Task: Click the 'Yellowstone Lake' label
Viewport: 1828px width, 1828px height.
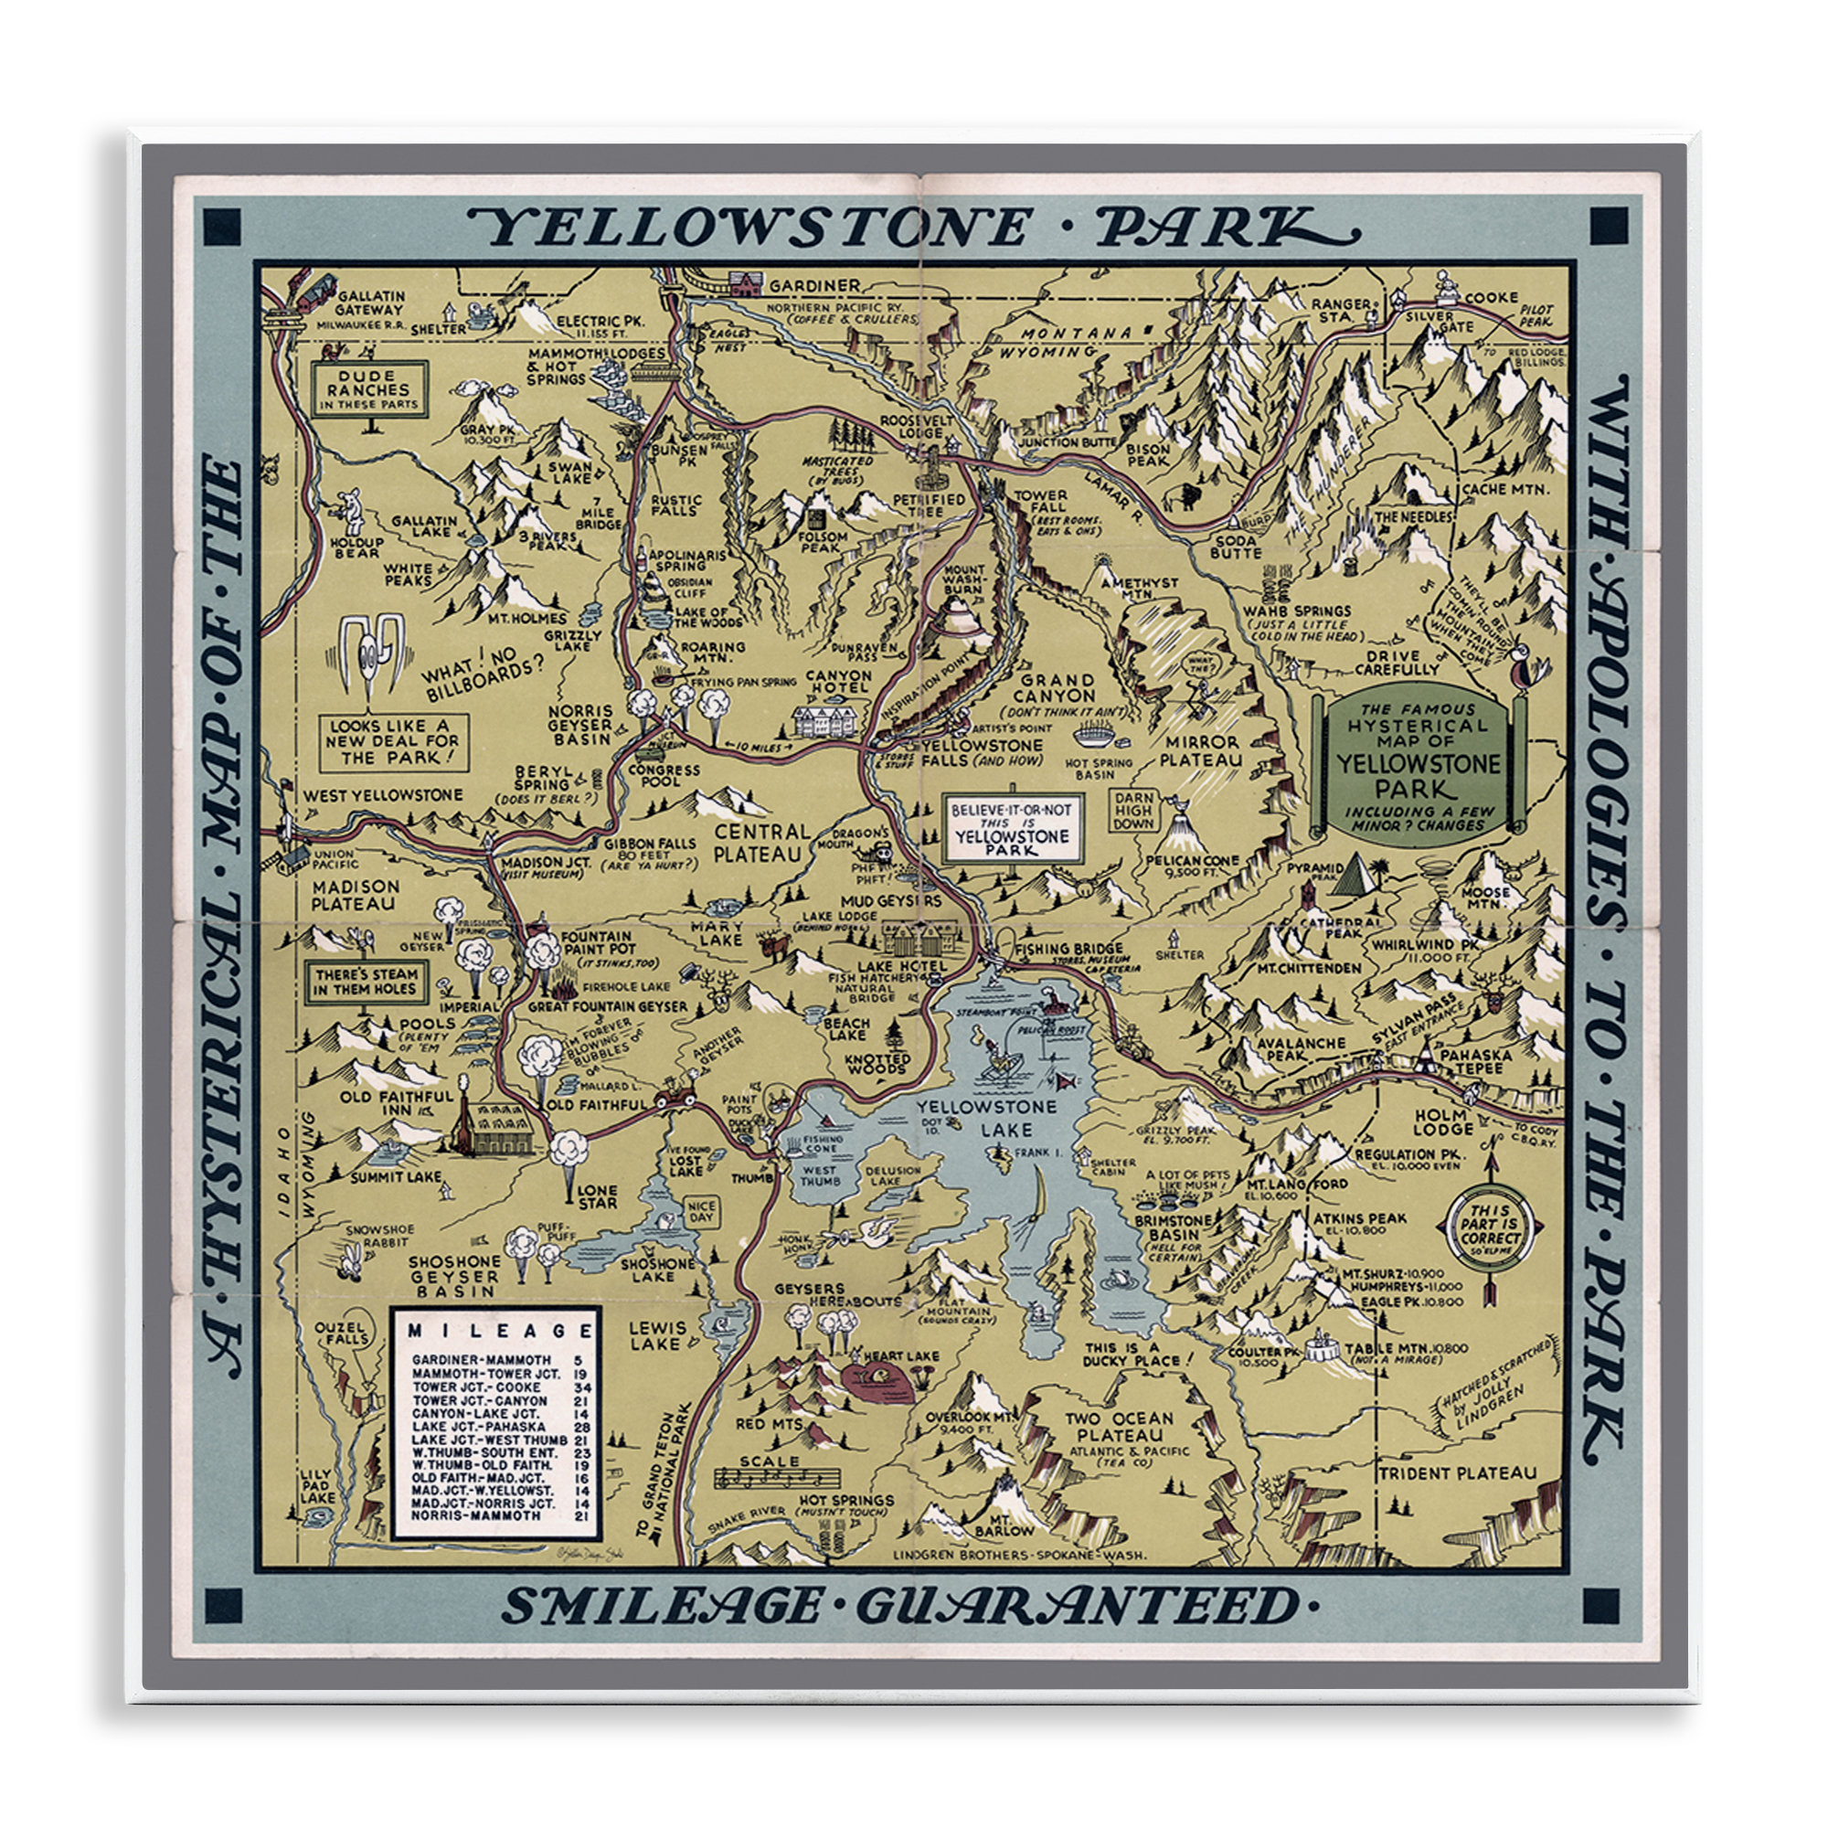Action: [978, 1118]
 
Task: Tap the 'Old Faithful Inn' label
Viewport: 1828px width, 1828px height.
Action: [396, 1102]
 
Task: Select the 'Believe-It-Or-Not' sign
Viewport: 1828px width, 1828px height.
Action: [1012, 828]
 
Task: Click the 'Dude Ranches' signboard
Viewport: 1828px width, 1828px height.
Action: [369, 388]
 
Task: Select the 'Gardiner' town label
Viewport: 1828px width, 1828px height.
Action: [813, 285]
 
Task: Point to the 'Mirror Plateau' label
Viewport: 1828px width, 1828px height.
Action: [1202, 751]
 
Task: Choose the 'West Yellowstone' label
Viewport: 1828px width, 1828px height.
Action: [382, 796]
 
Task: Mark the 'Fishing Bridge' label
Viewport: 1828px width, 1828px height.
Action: [1068, 948]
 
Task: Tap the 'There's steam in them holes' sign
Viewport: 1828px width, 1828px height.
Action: [366, 981]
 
